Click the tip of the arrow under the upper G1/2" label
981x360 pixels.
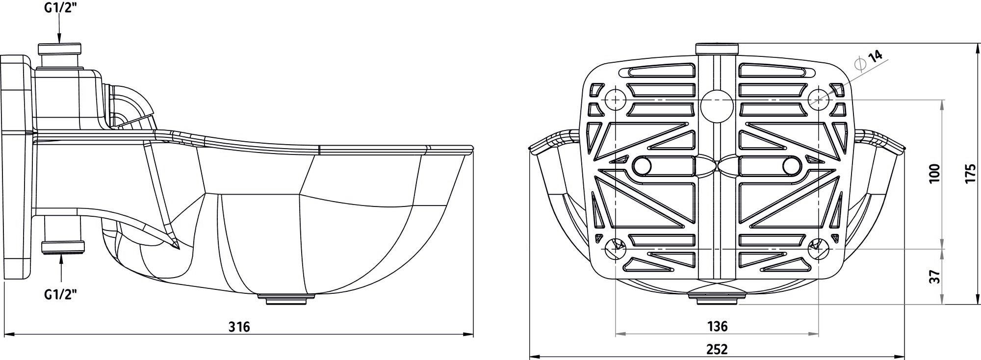coord(59,43)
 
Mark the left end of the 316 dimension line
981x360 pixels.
coord(11,334)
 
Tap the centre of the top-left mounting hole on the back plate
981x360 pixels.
coord(615,100)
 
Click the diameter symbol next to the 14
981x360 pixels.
coord(860,64)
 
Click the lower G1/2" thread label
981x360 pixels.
coord(61,294)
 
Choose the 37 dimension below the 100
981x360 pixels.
coord(935,276)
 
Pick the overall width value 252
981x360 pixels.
coord(717,349)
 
